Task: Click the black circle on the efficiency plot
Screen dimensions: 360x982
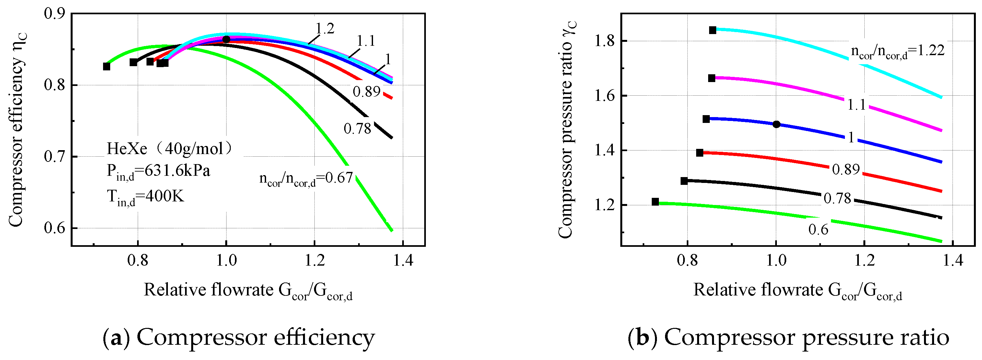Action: click(226, 39)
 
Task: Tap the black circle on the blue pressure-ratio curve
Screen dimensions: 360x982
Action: click(777, 124)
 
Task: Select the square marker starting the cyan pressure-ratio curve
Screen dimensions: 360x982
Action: click(712, 30)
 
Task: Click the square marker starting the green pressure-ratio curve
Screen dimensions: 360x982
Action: click(655, 202)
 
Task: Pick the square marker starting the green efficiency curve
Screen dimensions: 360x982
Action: click(106, 67)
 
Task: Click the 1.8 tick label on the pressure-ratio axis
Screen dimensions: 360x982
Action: click(605, 41)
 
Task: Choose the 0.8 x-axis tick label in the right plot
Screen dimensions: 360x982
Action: click(687, 261)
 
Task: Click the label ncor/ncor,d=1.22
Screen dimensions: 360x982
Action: click(897, 52)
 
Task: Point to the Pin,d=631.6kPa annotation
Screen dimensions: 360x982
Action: click(158, 171)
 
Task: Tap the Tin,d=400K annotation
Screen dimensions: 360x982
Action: click(145, 197)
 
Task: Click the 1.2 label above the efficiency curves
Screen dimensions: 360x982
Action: click(325, 29)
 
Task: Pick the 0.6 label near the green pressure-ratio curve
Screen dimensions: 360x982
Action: click(818, 230)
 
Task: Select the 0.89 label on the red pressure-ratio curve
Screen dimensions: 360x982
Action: click(846, 170)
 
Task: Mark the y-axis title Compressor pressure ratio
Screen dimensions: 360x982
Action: click(566, 130)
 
